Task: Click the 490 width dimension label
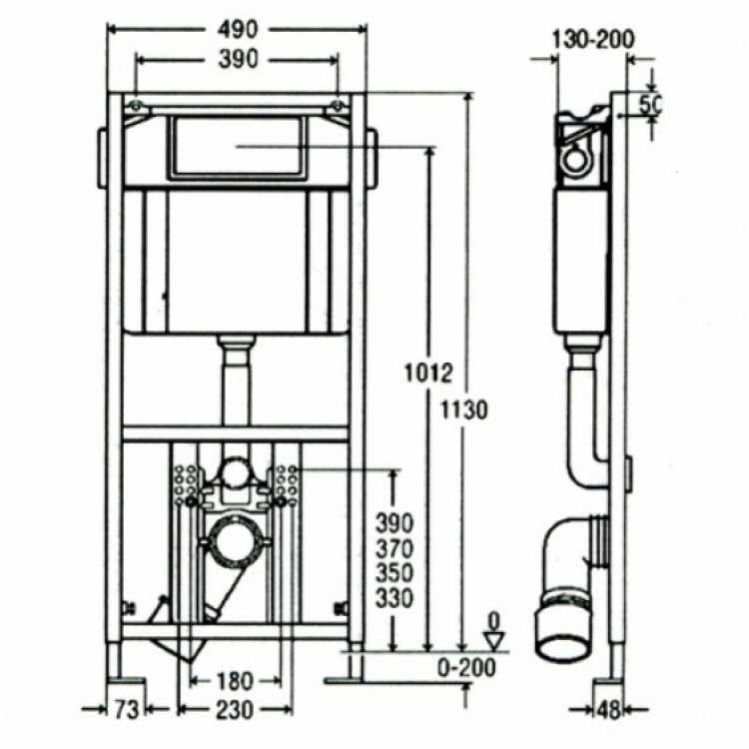(238, 30)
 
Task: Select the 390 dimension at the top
(238, 59)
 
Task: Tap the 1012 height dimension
(427, 374)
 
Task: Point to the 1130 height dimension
(463, 409)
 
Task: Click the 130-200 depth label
(592, 39)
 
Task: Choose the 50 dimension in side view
(649, 105)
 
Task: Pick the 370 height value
(394, 549)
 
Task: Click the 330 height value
(394, 597)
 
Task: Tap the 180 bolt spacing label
(234, 682)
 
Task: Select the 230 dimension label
(235, 710)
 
